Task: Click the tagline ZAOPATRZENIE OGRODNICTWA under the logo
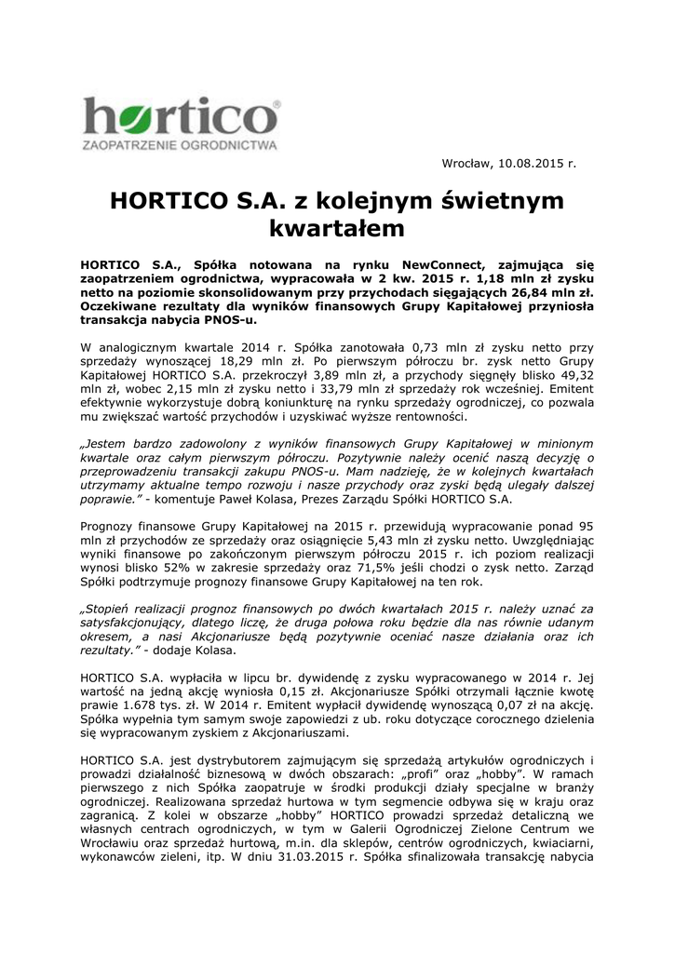[181, 146]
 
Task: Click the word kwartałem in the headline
[336, 227]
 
